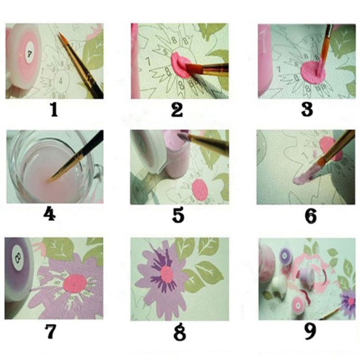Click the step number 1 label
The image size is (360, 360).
pos(54,110)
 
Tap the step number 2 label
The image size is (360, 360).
pos(177,110)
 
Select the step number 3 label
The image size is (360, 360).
pos(307,110)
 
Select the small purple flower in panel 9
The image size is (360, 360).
pos(347,299)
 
